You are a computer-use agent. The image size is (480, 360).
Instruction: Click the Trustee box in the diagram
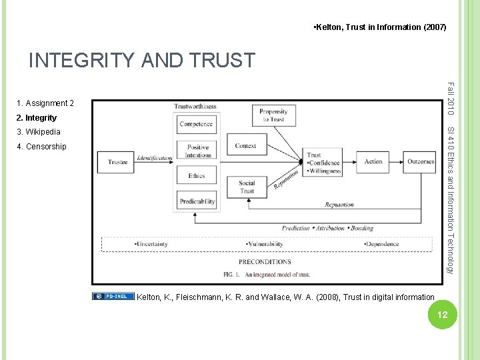pyautogui.click(x=117, y=161)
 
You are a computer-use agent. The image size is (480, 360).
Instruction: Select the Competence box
pyautogui.click(x=196, y=124)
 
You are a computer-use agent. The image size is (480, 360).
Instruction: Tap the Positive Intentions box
pyautogui.click(x=197, y=151)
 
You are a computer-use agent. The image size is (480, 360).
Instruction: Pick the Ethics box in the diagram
pyautogui.click(x=197, y=176)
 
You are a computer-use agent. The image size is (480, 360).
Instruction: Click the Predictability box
pyautogui.click(x=197, y=201)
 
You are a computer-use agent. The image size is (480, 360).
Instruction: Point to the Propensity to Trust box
pyautogui.click(x=273, y=115)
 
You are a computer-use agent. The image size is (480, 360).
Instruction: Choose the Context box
pyautogui.click(x=246, y=145)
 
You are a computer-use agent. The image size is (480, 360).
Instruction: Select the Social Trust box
pyautogui.click(x=247, y=187)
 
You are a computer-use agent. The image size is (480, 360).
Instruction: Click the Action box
pyautogui.click(x=373, y=161)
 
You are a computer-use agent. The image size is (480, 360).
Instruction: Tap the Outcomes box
pyautogui.click(x=421, y=161)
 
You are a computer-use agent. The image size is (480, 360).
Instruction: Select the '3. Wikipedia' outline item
pyautogui.click(x=39, y=132)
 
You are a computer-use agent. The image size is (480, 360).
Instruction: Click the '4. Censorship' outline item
pyautogui.click(x=41, y=146)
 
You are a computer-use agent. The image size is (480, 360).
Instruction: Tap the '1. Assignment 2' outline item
pyautogui.click(x=45, y=103)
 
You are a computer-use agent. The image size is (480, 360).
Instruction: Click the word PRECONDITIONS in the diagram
pyautogui.click(x=265, y=262)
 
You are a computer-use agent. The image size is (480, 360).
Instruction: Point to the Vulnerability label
pyautogui.click(x=267, y=244)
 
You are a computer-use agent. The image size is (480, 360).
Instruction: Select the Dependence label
pyautogui.click(x=381, y=244)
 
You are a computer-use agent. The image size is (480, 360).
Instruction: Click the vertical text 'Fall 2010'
pyautogui.click(x=451, y=97)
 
